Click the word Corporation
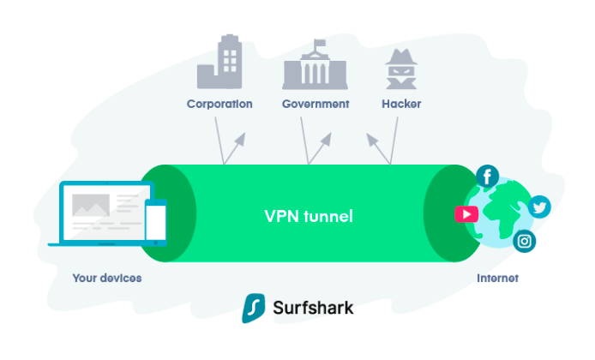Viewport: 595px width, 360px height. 219,104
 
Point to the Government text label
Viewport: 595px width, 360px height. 316,104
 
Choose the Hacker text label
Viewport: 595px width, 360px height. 401,104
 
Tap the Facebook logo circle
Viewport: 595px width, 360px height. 488,177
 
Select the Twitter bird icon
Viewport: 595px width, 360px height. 538,207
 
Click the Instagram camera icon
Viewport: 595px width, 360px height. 525,242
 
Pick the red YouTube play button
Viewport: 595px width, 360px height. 466,214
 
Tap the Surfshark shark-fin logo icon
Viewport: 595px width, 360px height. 252,308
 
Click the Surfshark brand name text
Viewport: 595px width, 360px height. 314,308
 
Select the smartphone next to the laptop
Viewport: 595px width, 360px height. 155,220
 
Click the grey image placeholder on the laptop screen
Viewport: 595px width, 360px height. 89,205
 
